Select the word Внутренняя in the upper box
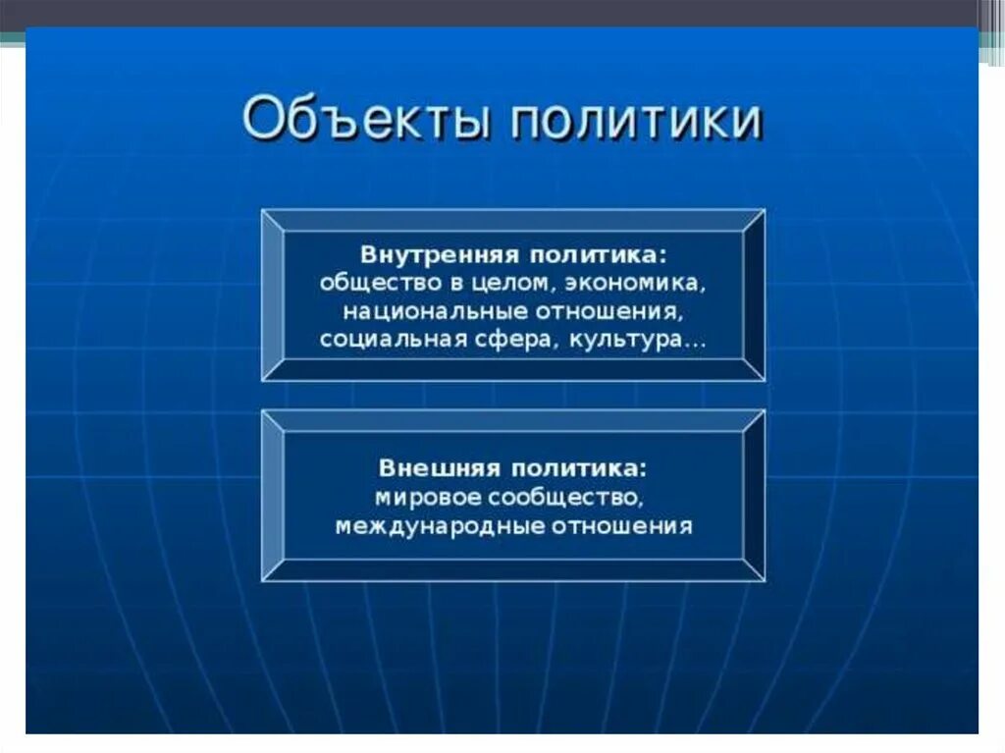pyautogui.click(x=439, y=255)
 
